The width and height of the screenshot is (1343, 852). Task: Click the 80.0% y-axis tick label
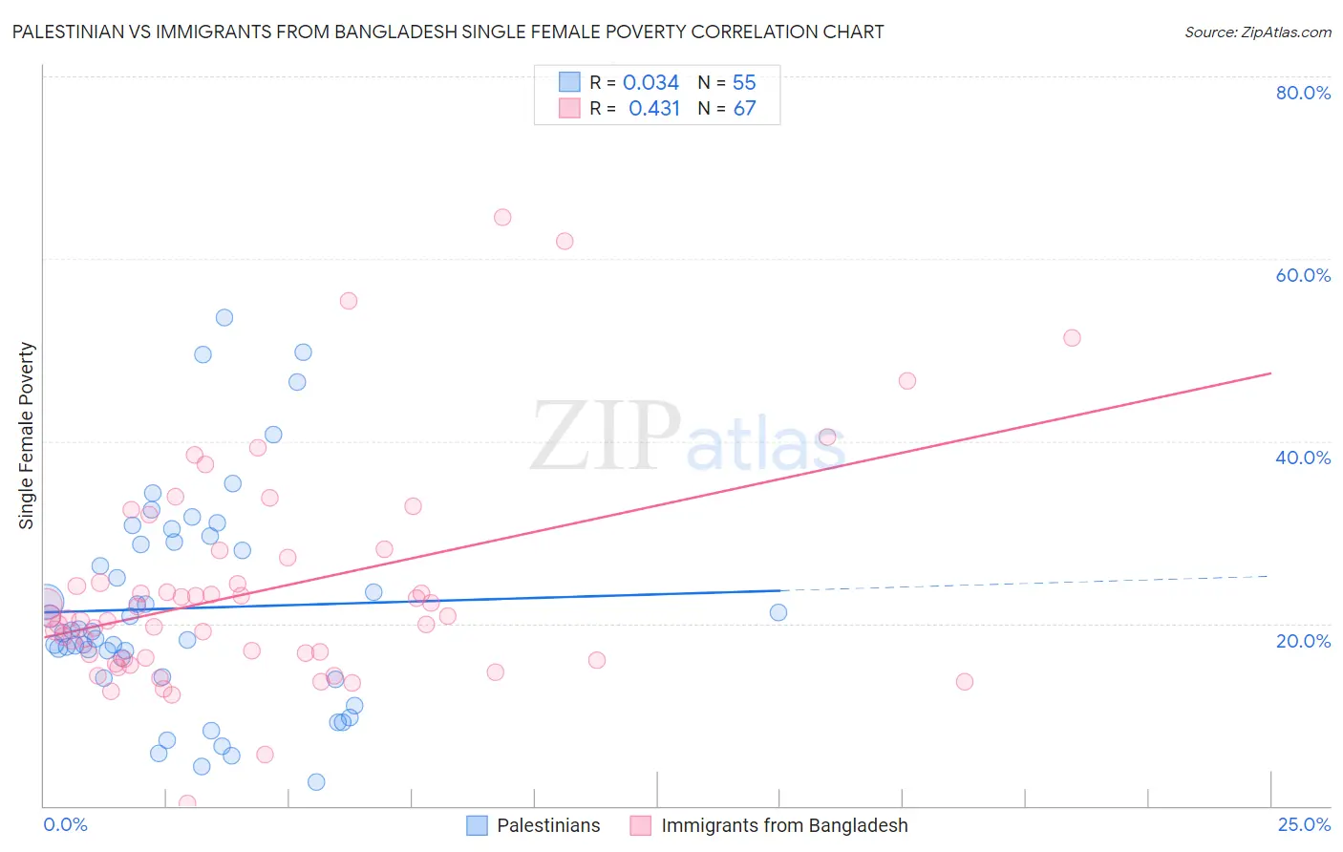click(1303, 93)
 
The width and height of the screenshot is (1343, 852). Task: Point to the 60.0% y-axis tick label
click(1303, 275)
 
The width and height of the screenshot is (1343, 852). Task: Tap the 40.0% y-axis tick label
click(1303, 458)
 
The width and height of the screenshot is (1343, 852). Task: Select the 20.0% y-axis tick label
click(1303, 640)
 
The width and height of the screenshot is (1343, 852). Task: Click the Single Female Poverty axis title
click(27, 436)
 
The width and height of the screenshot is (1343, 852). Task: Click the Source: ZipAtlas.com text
click(1257, 32)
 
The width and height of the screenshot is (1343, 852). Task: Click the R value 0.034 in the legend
click(650, 83)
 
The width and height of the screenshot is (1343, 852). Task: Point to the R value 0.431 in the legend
click(653, 109)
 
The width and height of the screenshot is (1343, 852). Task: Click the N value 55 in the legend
click(744, 83)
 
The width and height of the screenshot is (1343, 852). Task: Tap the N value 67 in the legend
click(744, 109)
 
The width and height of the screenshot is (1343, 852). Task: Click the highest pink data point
click(502, 217)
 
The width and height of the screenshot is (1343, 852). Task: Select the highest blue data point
click(224, 317)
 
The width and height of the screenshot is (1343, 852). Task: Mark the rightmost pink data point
click(1072, 338)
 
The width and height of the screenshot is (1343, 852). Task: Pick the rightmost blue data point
click(778, 612)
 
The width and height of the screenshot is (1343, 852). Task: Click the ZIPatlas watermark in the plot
click(688, 438)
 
